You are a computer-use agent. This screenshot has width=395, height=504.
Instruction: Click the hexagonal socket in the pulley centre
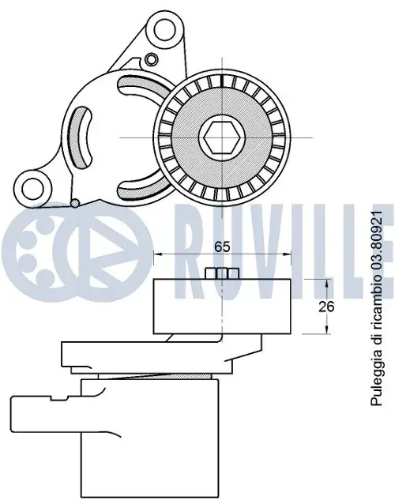click(222, 137)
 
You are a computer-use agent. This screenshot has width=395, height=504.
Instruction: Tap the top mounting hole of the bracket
click(166, 30)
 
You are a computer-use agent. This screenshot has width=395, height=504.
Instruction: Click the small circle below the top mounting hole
click(150, 58)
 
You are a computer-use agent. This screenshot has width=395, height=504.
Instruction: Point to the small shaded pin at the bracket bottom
click(75, 203)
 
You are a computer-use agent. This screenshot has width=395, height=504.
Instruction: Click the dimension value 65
click(223, 246)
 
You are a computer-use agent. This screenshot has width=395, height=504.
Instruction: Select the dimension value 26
click(326, 307)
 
